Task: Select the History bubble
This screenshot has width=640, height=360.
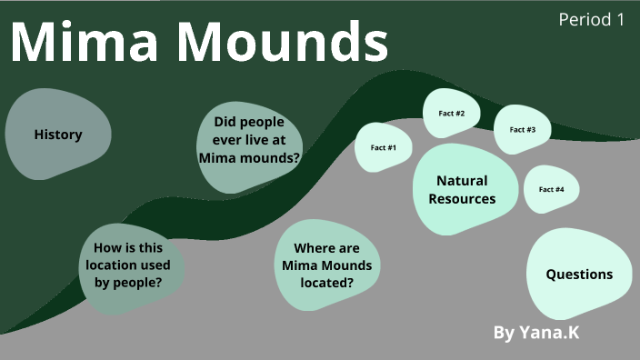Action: click(x=58, y=135)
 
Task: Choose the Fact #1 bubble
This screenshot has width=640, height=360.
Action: click(x=383, y=147)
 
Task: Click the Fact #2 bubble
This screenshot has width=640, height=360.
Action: click(x=452, y=114)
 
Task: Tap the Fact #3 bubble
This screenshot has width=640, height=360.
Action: click(x=523, y=129)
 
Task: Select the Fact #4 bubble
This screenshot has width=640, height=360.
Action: click(x=551, y=189)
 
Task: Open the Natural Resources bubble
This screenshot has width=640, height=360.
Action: click(x=462, y=189)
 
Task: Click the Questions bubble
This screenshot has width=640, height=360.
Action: click(x=579, y=274)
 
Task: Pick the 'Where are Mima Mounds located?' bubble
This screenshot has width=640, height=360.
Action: click(x=326, y=265)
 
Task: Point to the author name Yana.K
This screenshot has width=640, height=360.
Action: click(x=549, y=333)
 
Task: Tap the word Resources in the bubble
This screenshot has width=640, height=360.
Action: click(x=462, y=198)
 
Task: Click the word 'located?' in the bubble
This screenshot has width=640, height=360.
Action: click(x=326, y=282)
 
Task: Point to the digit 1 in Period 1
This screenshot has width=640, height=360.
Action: click(x=619, y=19)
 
